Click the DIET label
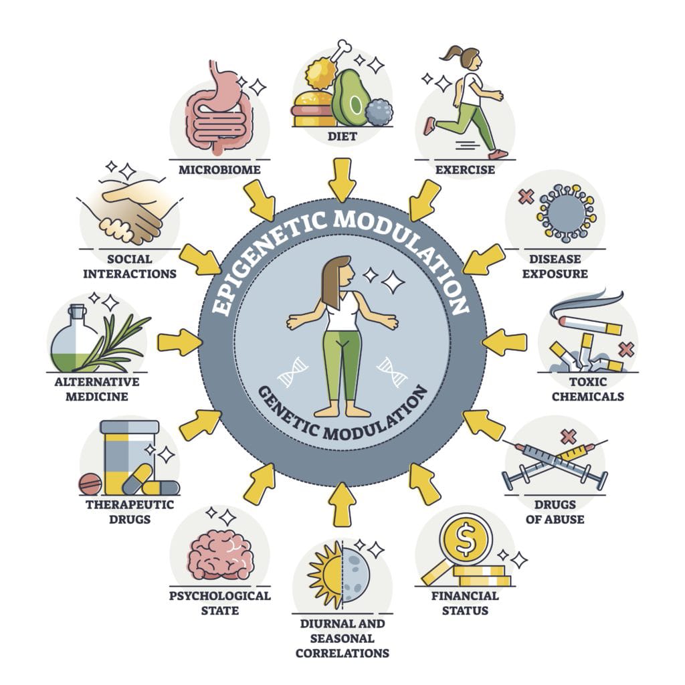(342, 136)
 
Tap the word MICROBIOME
(219, 169)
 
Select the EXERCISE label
(465, 169)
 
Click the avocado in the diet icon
(349, 98)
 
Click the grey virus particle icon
(566, 213)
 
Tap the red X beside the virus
(526, 197)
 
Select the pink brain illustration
(221, 555)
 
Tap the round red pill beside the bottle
(90, 484)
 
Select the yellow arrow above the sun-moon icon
(342, 504)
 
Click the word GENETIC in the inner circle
(288, 413)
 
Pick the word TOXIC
(587, 381)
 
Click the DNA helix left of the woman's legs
(292, 372)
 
